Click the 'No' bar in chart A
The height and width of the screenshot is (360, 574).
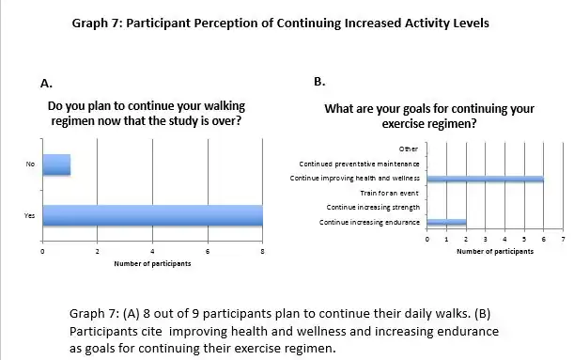click(56, 164)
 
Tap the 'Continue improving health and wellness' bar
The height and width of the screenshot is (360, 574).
click(485, 178)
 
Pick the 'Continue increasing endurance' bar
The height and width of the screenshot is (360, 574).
click(446, 222)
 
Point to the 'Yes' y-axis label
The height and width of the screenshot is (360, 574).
click(30, 216)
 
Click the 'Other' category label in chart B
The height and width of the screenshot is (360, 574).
click(409, 149)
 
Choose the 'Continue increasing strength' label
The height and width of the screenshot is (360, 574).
click(371, 207)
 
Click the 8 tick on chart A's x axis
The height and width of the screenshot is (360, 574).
click(262, 251)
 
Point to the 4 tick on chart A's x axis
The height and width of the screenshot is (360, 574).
click(152, 251)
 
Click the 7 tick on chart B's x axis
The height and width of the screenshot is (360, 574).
click(562, 241)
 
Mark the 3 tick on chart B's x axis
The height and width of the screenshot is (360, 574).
click(485, 241)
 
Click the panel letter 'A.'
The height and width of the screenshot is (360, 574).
click(46, 84)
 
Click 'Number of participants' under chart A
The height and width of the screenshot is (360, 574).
click(152, 264)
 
